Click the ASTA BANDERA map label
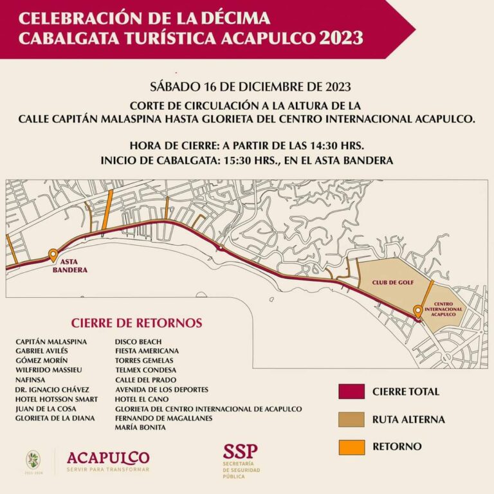[x=69, y=266]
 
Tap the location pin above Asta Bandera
[x=53, y=255]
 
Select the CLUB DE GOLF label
[x=392, y=282]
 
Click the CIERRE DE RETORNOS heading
[x=136, y=323]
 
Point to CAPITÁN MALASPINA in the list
[x=51, y=342]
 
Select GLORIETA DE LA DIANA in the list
[x=55, y=418]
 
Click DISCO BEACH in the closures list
[x=138, y=342]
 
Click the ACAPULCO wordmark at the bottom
[x=108, y=457]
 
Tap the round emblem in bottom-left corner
[x=33, y=459]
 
